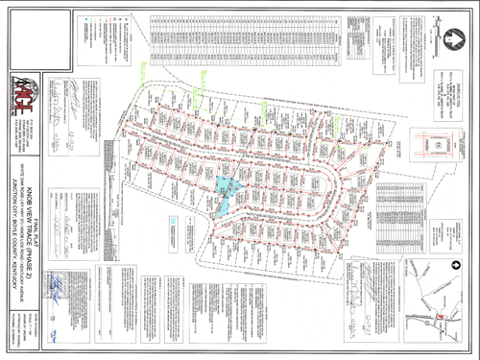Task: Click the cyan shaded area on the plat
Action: point(226,191)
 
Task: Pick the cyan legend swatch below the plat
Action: point(170,229)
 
